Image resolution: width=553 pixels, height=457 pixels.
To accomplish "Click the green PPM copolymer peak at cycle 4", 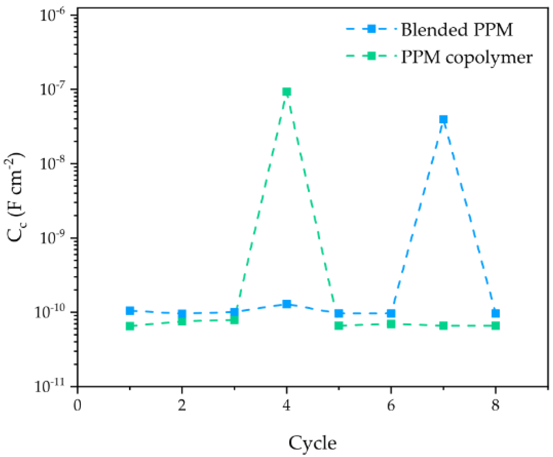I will pos(287,92).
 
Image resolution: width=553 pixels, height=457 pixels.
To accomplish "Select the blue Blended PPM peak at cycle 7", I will pos(443,119).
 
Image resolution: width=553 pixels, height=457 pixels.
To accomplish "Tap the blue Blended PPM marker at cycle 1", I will pos(130,311).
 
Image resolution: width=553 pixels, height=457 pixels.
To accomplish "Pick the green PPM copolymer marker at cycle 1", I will pos(130,326).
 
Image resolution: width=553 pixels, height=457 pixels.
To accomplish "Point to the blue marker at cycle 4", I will pos(287,304).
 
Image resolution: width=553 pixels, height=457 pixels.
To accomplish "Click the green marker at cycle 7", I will pos(443,325).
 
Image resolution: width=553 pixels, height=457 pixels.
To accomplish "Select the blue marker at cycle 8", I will pos(495,313).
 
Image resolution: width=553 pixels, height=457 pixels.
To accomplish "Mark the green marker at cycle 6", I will pos(391,324).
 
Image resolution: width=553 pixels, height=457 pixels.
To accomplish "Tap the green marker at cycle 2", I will pos(182,321).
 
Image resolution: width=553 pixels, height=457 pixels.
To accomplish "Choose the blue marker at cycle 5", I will pos(339,313).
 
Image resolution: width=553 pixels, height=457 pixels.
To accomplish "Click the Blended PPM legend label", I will pos(457,30).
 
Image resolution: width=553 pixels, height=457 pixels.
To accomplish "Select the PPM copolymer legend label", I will pos(466,57).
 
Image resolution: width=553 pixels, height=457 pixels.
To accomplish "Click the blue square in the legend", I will pos(371,29).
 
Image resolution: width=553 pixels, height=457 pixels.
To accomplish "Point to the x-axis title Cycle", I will pos(312,443).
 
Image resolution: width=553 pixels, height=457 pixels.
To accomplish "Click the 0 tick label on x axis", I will pos(77,405).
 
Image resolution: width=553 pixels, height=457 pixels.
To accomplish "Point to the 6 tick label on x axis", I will pos(391,405).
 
